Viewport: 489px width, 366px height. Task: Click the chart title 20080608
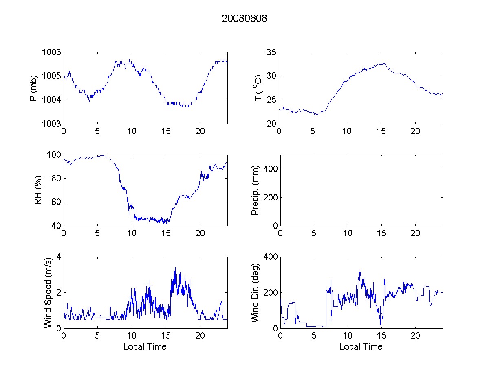(x=244, y=19)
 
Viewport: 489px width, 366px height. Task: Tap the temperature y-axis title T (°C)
(x=258, y=88)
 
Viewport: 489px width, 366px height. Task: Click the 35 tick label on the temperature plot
(x=271, y=52)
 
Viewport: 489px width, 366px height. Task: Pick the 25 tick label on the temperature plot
(x=271, y=100)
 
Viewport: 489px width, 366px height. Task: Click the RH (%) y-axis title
(x=38, y=190)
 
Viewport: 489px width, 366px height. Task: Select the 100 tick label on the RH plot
(x=53, y=155)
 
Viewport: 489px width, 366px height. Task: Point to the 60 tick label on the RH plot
(x=55, y=202)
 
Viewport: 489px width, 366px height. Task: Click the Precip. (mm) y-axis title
(x=256, y=190)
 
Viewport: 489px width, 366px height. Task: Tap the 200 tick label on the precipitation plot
(x=269, y=197)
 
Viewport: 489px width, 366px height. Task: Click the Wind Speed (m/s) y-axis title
(x=48, y=292)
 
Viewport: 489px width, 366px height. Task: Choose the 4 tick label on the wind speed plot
(x=58, y=257)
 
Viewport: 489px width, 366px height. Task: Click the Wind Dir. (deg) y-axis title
(x=256, y=292)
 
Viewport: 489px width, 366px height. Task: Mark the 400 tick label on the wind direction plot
(x=269, y=257)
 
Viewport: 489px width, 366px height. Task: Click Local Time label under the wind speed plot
(x=145, y=347)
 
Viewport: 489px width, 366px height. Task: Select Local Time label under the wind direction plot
(x=361, y=347)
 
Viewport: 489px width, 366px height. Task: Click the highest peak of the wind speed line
(x=175, y=268)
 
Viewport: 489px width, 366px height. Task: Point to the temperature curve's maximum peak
(x=384, y=63)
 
